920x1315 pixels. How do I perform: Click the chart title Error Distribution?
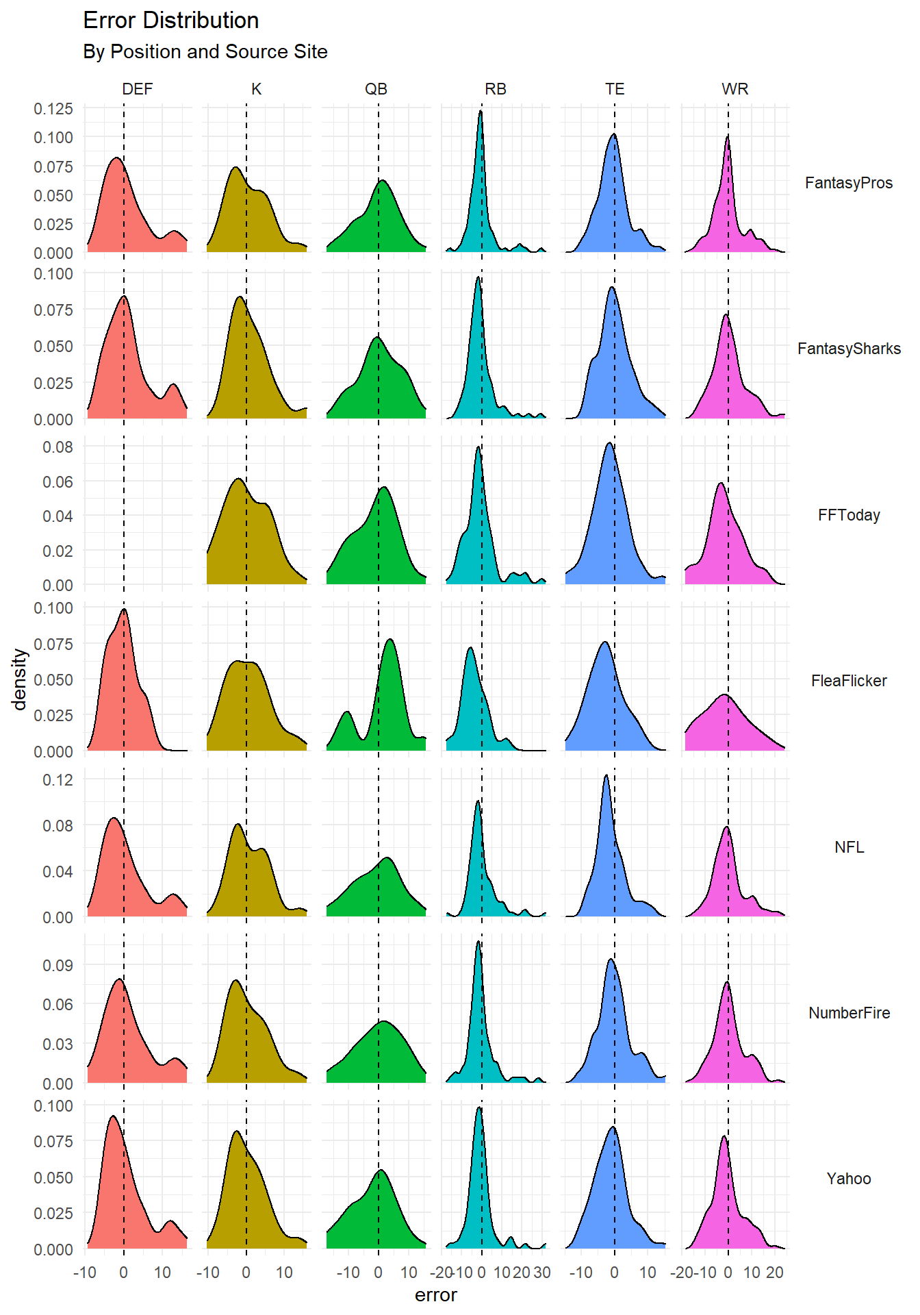(x=170, y=21)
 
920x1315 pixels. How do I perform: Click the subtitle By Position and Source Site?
(x=205, y=52)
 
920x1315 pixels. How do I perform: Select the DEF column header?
(x=137, y=89)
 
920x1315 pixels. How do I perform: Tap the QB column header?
(x=376, y=89)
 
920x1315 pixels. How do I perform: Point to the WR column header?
(x=734, y=89)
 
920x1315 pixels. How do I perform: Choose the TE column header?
(x=615, y=89)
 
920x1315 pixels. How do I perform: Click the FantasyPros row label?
(x=848, y=183)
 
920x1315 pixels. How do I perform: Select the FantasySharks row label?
(x=848, y=349)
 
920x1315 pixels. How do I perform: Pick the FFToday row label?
(x=848, y=515)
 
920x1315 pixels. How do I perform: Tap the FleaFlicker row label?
(x=848, y=681)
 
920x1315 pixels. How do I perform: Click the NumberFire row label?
(x=848, y=1013)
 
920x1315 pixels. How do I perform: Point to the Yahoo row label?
(x=848, y=1179)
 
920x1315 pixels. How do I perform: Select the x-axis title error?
(x=435, y=1295)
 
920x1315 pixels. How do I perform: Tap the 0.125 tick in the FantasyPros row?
(x=53, y=109)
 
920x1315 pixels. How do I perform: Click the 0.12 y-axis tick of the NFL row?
(x=57, y=779)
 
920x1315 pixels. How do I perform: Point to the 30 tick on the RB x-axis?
(x=542, y=1273)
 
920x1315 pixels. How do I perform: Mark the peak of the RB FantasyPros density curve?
(x=481, y=111)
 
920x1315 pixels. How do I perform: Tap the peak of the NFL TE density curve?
(x=606, y=775)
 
